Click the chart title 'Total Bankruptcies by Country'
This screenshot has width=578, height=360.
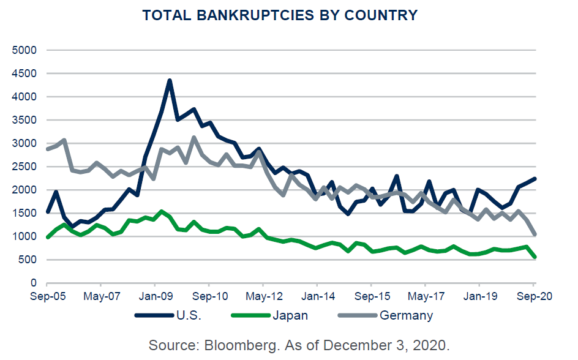tap(280, 15)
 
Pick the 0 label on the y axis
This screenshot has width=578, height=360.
tap(33, 283)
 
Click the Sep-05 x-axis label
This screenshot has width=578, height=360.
tap(47, 296)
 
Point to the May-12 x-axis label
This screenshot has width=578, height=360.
tap(263, 296)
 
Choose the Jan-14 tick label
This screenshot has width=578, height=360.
tap(317, 296)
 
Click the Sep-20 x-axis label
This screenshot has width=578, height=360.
tap(533, 296)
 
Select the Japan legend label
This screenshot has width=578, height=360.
tap(291, 316)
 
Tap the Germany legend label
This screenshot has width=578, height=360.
tap(406, 316)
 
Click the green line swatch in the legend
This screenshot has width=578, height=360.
tap(249, 316)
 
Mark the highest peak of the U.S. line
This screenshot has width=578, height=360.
tap(170, 80)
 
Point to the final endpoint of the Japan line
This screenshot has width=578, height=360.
tap(535, 257)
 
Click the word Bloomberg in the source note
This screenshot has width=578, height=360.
tap(237, 344)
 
